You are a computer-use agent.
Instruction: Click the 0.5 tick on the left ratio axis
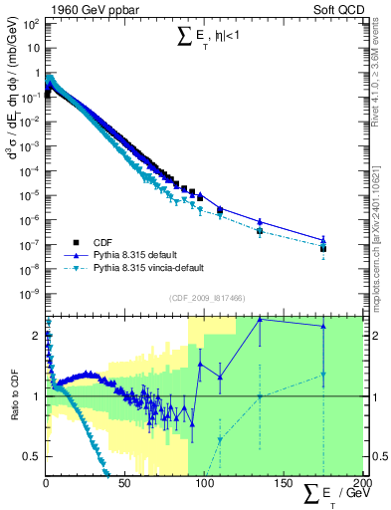click(x=33, y=456)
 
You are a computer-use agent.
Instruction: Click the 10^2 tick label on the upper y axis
click(x=31, y=23)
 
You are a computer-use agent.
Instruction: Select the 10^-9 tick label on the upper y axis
click(x=31, y=293)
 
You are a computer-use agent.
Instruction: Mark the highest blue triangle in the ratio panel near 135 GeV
click(x=260, y=320)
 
